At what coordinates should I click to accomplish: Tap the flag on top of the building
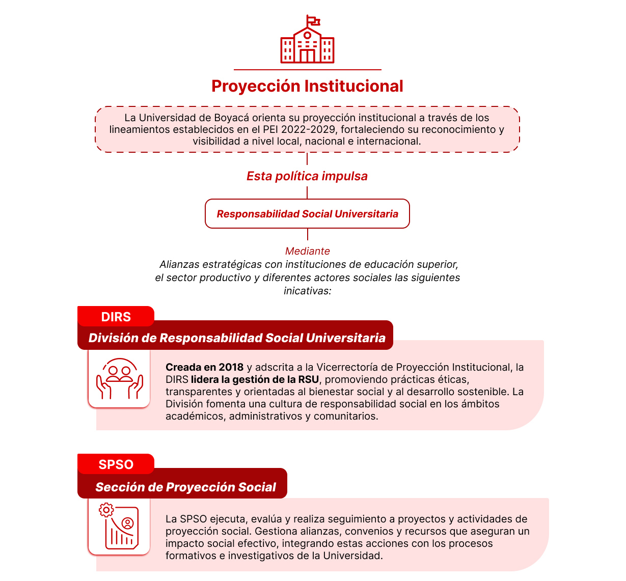tap(313, 21)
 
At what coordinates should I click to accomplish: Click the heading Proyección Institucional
tap(307, 86)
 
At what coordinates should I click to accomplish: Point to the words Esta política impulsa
tap(307, 176)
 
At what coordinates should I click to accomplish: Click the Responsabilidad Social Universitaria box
tap(307, 214)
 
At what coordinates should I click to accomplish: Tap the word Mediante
tap(307, 251)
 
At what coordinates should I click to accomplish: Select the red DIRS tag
tap(116, 317)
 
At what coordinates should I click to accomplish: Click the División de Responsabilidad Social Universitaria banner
tap(236, 338)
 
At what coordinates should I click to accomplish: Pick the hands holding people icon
tap(120, 378)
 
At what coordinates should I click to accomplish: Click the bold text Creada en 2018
tap(204, 367)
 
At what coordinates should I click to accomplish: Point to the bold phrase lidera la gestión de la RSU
tap(255, 379)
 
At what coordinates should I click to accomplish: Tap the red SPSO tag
tap(116, 464)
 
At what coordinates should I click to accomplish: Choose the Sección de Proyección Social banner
tap(185, 487)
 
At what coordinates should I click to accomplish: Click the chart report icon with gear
tap(120, 527)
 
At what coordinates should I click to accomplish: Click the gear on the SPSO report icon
tap(106, 510)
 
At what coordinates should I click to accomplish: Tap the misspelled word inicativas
tap(307, 291)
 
